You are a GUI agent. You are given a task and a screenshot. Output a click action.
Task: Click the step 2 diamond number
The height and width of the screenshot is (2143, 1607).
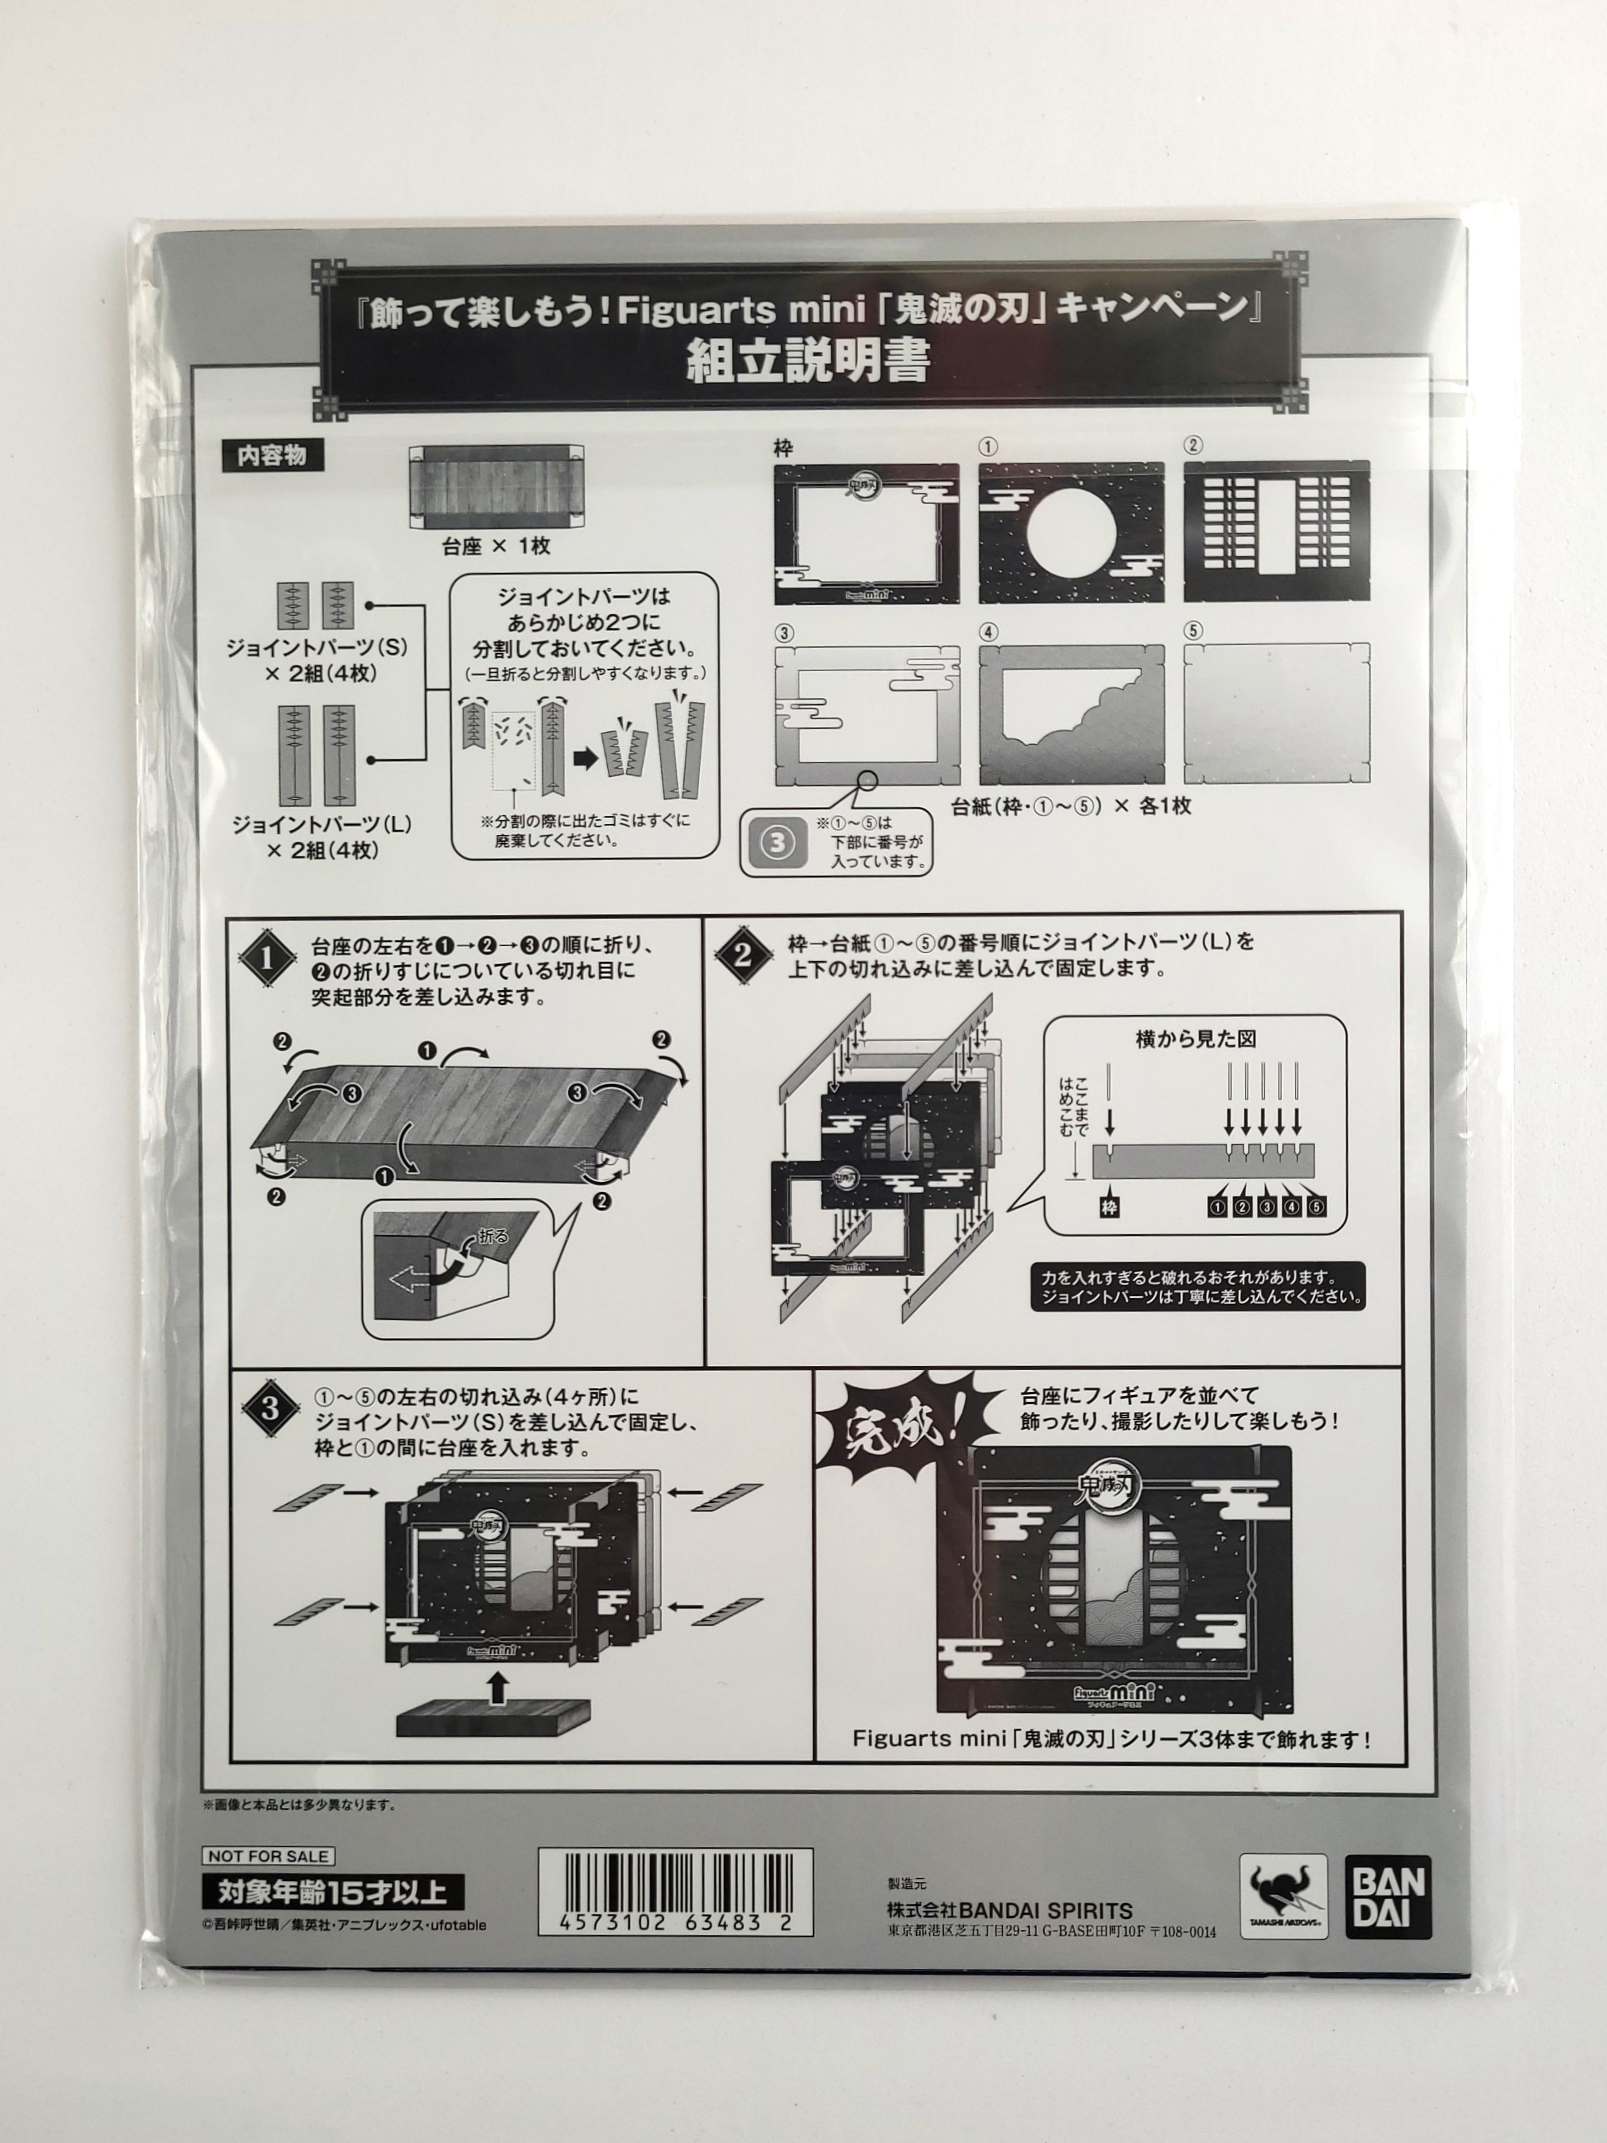[743, 955]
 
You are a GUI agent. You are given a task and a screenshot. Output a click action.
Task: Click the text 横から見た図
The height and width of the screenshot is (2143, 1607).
[1195, 1039]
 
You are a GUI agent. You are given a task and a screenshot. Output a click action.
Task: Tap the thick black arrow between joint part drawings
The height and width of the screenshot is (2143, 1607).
[585, 759]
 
